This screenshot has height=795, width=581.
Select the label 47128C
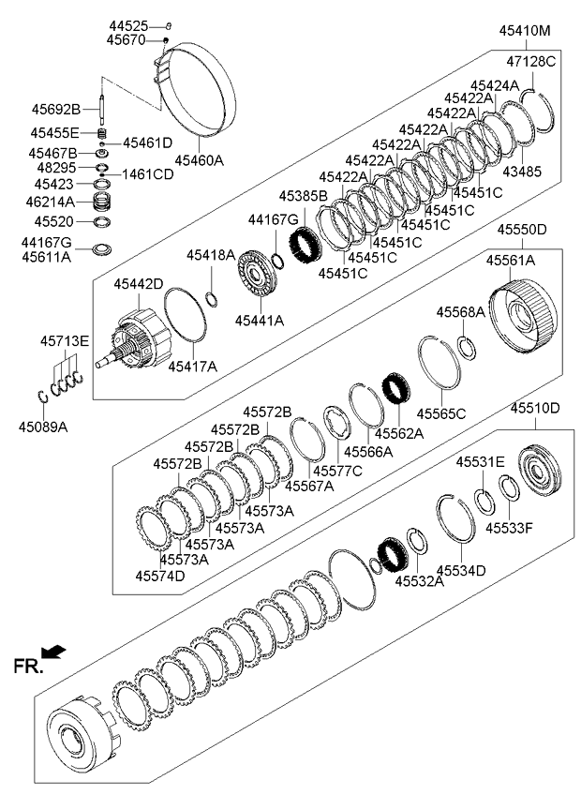pyautogui.click(x=531, y=61)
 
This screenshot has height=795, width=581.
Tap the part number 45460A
pyautogui.click(x=199, y=160)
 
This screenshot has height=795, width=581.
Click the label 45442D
pyautogui.click(x=139, y=283)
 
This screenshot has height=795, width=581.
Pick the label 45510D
pyautogui.click(x=534, y=408)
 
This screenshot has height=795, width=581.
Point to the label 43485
pyautogui.click(x=522, y=172)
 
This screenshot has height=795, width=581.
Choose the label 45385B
pyautogui.click(x=303, y=196)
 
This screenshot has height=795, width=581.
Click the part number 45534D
pyautogui.click(x=460, y=569)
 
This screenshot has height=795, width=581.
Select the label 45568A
pyautogui.click(x=461, y=311)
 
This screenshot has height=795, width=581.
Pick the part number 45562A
pyautogui.click(x=399, y=433)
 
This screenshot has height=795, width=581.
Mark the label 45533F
pyautogui.click(x=509, y=528)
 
